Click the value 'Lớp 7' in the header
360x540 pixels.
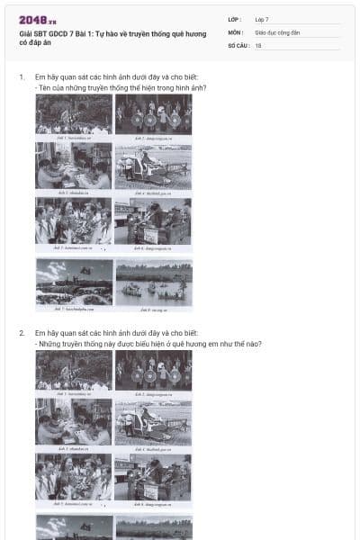pos(262,19)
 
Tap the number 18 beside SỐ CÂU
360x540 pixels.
pos(258,45)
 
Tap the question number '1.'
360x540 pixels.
pos(22,77)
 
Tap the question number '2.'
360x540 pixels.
pos(22,333)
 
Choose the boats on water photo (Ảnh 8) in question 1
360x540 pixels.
pos(153,283)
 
